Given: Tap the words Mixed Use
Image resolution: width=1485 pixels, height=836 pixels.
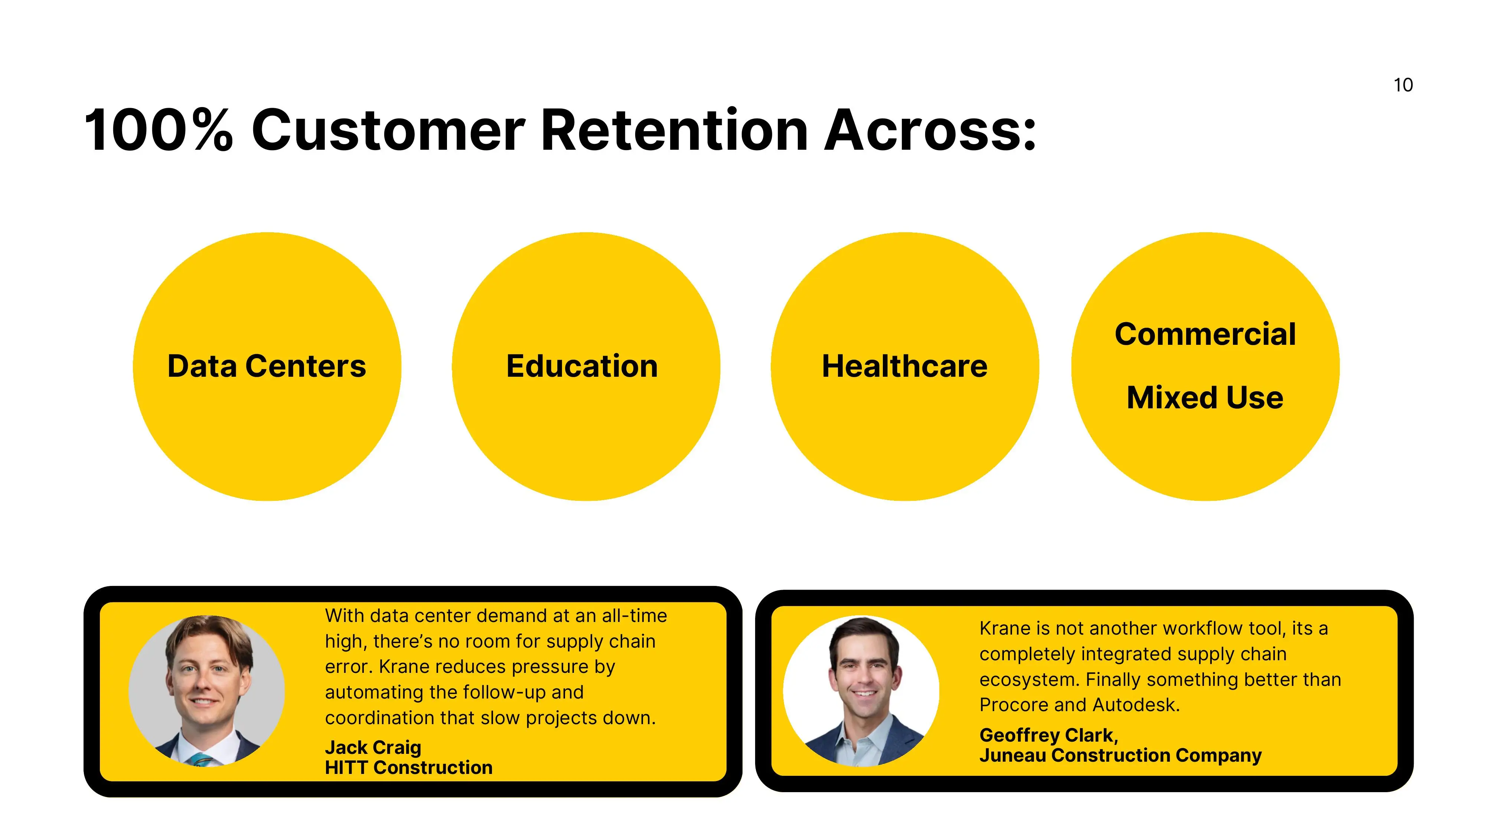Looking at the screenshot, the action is tap(1205, 398).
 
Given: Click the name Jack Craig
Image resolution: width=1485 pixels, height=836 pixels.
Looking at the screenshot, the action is tap(373, 747).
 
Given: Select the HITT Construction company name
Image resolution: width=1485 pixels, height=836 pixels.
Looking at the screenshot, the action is tap(409, 767).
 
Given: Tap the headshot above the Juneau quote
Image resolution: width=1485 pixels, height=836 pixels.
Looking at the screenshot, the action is tap(861, 691).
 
